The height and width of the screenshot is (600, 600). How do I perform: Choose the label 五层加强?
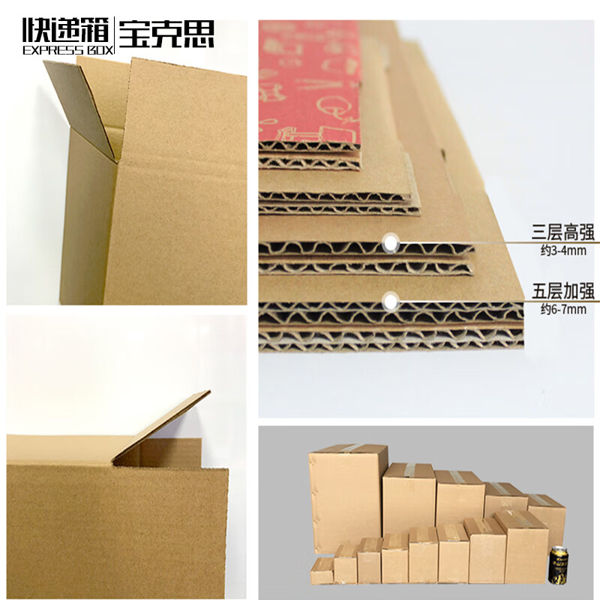(x=563, y=291)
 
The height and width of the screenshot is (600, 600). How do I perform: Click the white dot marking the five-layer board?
(x=389, y=301)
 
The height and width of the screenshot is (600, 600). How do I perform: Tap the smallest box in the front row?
(x=322, y=570)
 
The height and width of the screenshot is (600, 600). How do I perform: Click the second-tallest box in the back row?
(x=409, y=495)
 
